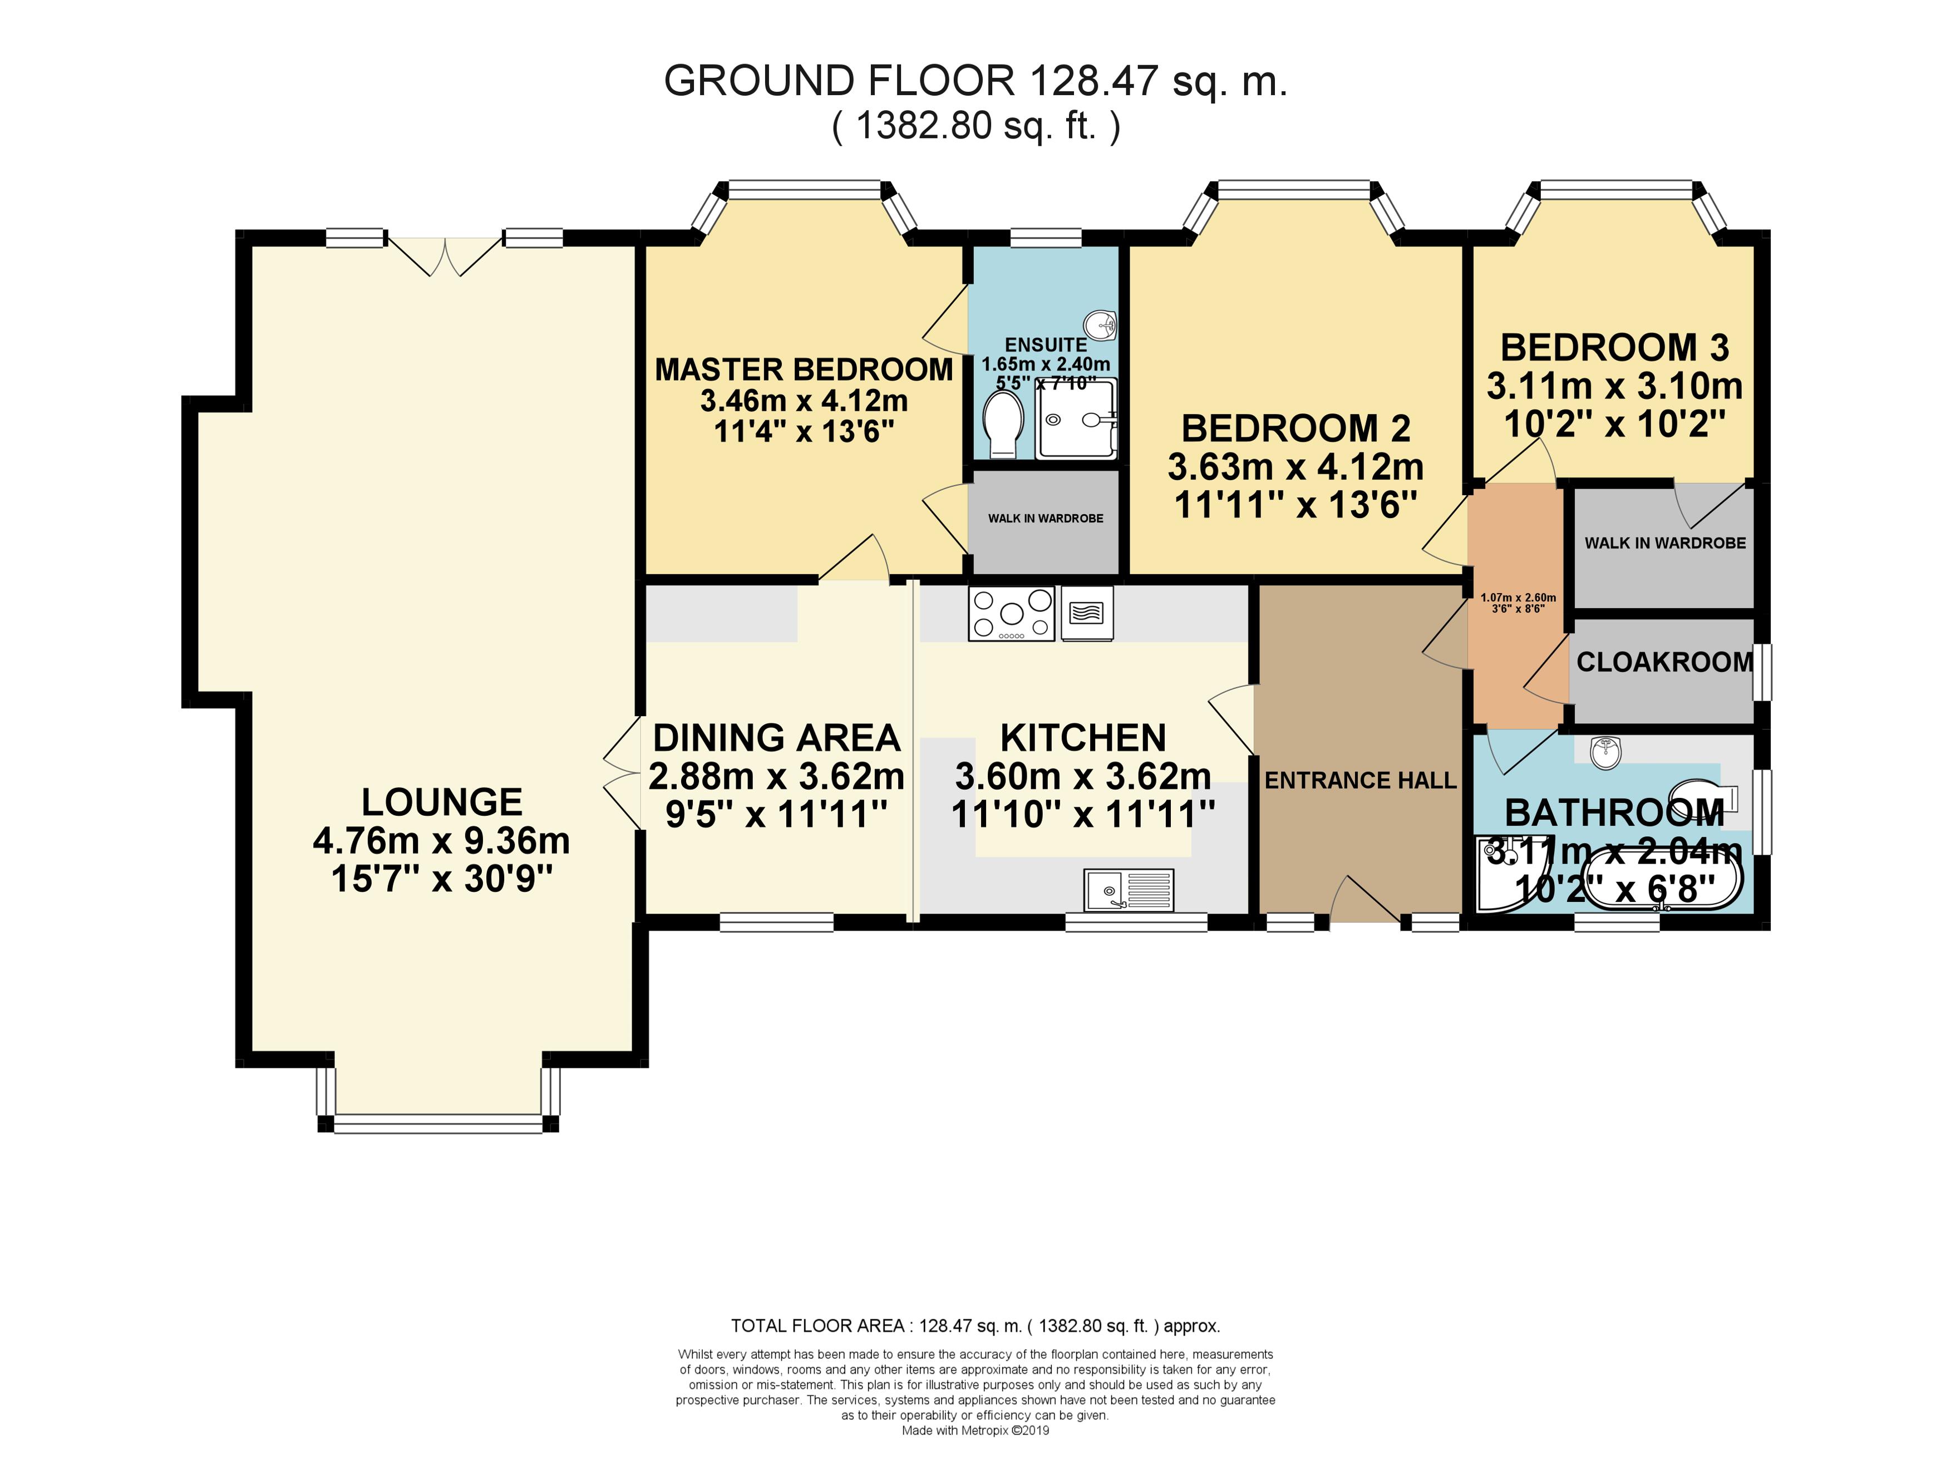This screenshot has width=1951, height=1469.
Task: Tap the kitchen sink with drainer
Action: tap(1129, 890)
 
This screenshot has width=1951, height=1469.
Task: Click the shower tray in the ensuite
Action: tap(1077, 420)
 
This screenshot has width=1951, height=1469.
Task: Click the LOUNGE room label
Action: tap(442, 802)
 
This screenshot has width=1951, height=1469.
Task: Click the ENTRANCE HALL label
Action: tap(1360, 780)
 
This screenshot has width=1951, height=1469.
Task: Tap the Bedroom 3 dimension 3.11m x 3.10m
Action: tap(1614, 386)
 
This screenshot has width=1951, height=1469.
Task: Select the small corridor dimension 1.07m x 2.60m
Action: tap(1518, 597)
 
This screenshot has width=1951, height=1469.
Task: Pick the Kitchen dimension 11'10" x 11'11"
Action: tap(1083, 815)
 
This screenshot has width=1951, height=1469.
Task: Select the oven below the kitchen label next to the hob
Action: tap(1087, 613)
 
